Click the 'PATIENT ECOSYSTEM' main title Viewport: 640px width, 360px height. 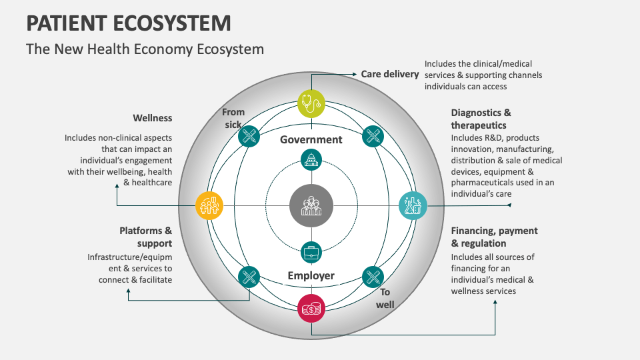[129, 23]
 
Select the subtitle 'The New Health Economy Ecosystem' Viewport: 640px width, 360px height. [145, 49]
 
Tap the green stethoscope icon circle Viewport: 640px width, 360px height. [311, 104]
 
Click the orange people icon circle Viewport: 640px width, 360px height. [210, 205]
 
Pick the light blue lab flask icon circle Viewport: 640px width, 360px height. [412, 205]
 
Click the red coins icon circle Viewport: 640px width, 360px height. [311, 308]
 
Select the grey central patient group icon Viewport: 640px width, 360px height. [311, 205]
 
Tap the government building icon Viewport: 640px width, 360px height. [311, 159]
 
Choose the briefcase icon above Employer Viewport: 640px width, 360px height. [311, 251]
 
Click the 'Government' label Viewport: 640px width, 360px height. [311, 139]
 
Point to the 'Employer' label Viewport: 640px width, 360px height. [311, 275]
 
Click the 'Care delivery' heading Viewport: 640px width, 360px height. [389, 74]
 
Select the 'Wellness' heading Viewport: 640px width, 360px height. [152, 118]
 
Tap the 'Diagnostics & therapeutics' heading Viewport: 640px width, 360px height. [481, 119]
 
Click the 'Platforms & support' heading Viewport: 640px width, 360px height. [145, 237]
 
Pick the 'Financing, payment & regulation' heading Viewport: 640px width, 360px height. [494, 237]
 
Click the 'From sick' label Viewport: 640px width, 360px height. [233, 118]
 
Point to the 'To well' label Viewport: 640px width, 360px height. [385, 298]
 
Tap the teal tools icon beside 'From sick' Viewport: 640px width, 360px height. [248, 136]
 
